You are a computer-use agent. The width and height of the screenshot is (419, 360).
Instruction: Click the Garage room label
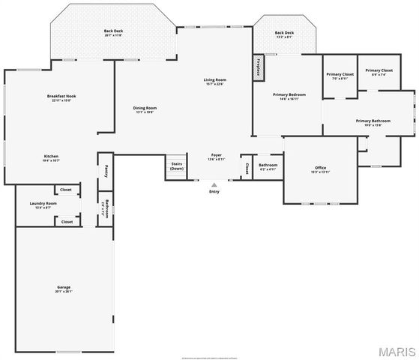coord(64,287)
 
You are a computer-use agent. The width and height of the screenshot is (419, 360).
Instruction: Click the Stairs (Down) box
coord(177,166)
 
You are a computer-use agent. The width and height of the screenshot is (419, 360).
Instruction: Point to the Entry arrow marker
coord(214,184)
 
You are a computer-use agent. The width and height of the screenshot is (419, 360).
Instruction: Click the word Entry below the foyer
coord(214,191)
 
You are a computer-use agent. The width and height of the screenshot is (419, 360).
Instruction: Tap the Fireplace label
coord(259,67)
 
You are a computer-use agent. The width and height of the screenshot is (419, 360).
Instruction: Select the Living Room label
coord(214,80)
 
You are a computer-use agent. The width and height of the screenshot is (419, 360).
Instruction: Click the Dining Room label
coord(145,109)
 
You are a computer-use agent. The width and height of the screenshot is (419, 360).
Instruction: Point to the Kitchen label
coord(50,157)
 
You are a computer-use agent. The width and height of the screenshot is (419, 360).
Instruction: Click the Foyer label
coord(216,155)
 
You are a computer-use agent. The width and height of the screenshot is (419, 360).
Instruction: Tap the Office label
coord(320,167)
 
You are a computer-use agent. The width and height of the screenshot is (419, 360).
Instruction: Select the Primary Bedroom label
coord(289,95)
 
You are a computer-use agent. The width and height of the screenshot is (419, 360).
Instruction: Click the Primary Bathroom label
coord(373,121)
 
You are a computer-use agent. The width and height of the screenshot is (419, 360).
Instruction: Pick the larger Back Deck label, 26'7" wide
coord(113,31)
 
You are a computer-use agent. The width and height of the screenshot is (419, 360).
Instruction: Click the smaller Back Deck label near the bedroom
coord(284,33)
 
